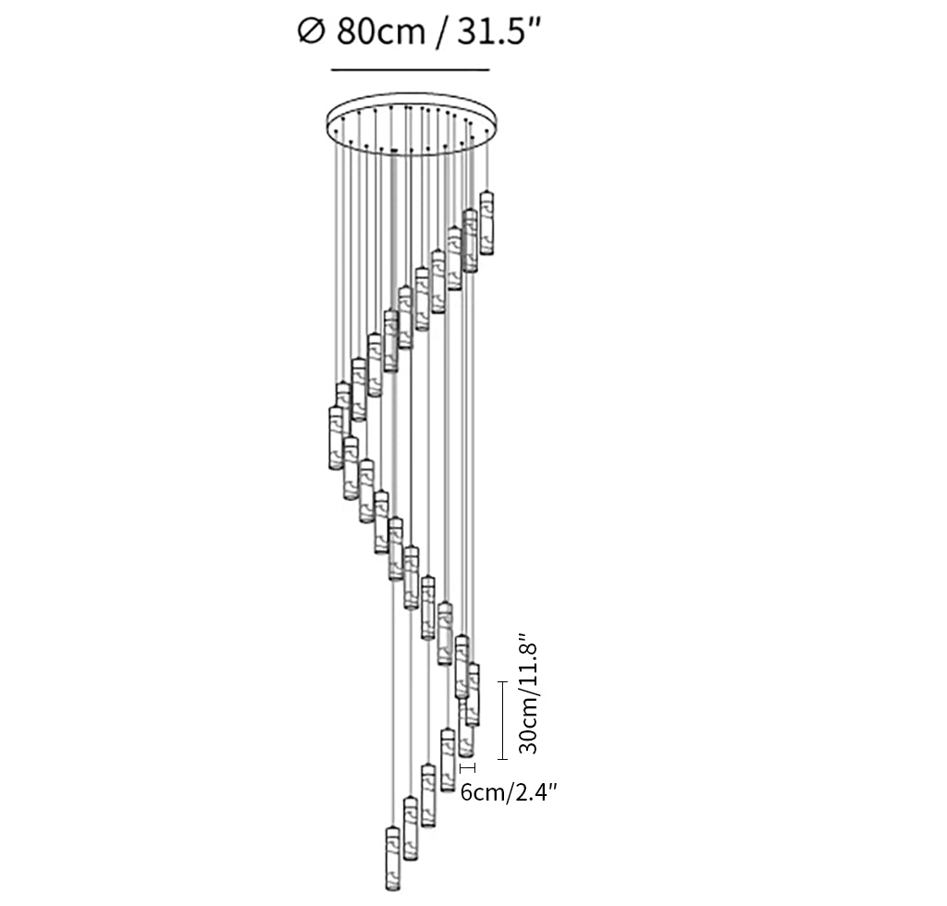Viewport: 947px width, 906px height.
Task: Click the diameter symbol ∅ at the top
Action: pos(311,32)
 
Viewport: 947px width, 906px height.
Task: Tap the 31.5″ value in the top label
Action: pos(496,32)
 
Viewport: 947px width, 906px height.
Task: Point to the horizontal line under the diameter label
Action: pos(410,70)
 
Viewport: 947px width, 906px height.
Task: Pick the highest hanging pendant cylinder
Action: pos(486,224)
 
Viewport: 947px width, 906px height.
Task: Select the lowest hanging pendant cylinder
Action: pos(392,861)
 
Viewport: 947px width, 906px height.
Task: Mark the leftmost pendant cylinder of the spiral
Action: pos(336,438)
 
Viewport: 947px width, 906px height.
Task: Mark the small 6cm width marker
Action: pos(468,767)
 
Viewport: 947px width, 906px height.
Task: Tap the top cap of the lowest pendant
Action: pos(392,830)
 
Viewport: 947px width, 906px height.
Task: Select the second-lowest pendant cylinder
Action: pos(410,826)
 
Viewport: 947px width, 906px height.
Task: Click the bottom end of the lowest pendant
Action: pos(392,892)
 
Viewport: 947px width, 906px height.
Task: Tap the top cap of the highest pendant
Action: pos(486,194)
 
